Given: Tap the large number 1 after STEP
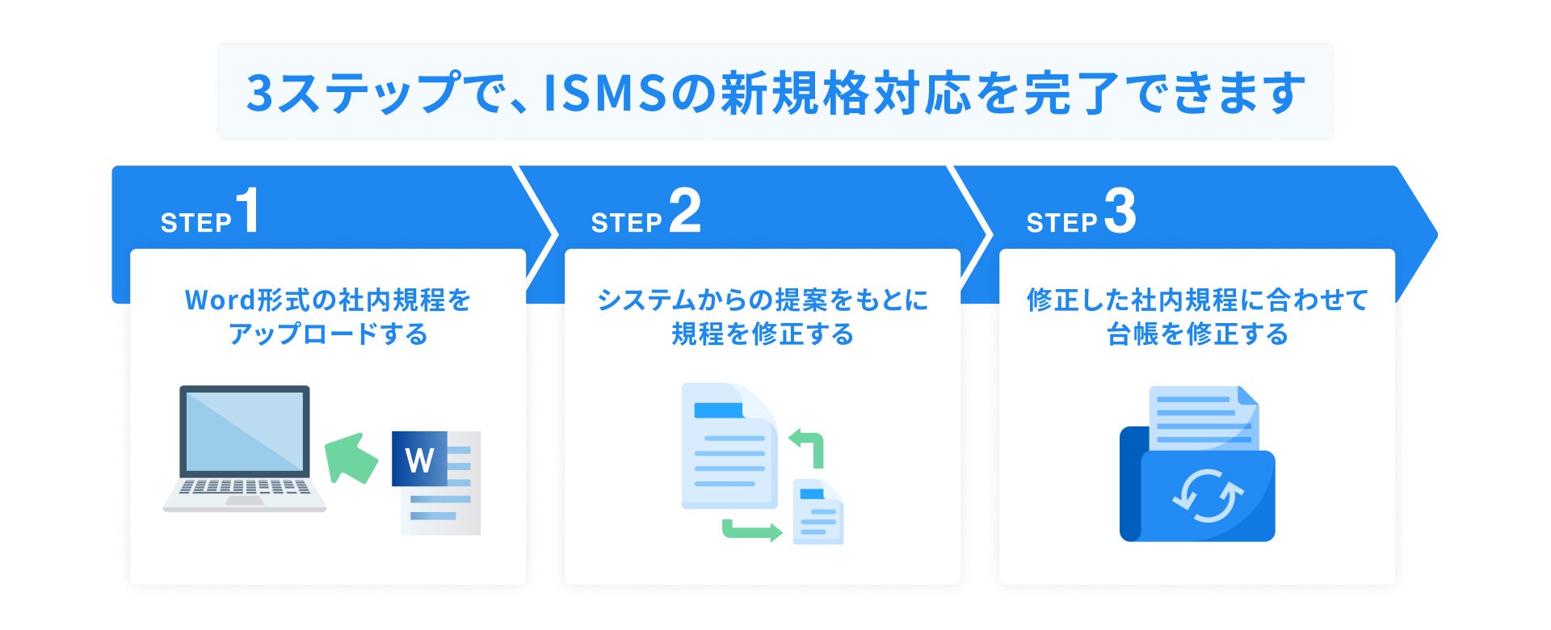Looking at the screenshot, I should click(x=248, y=211).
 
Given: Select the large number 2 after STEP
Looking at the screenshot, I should click(x=685, y=211).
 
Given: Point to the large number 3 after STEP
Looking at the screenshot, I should click(x=1120, y=211).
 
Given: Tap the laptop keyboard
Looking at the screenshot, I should click(x=244, y=487).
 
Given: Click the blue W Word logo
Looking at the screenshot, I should click(x=419, y=460).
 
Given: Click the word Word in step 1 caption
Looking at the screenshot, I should click(x=220, y=300).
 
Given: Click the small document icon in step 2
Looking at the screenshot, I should click(x=818, y=512).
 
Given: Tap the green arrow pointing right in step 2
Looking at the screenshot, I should click(x=751, y=531).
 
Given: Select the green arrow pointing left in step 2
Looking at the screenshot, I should click(x=807, y=447).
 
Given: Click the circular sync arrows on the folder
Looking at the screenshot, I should click(x=1207, y=495).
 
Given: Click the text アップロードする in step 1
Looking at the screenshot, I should click(x=328, y=334).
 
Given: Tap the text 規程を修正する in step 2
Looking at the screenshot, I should click(x=763, y=334).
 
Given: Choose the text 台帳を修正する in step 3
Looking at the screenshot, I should click(x=1197, y=334).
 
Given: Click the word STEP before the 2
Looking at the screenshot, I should click(x=626, y=223).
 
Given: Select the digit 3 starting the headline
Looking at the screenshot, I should click(x=260, y=93).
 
